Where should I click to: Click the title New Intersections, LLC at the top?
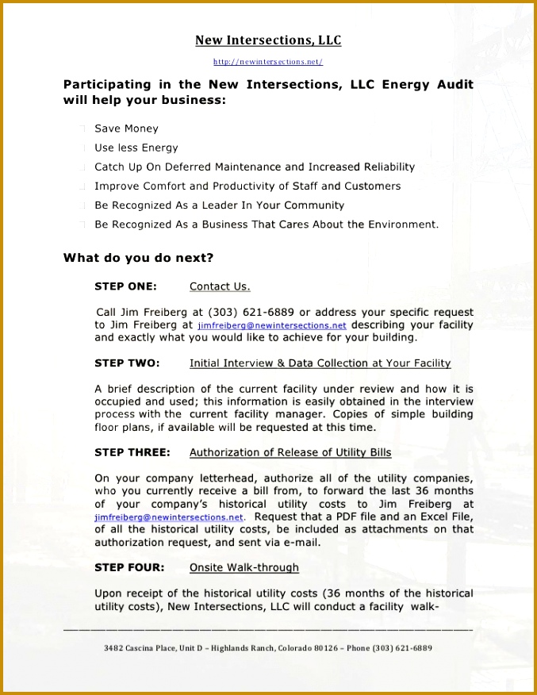pos(268,40)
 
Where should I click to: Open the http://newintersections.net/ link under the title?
pos(268,62)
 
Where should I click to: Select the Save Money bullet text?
pos(126,129)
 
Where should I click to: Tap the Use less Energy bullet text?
pos(136,148)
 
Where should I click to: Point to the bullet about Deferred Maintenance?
pos(254,167)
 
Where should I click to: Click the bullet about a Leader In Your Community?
pos(219,205)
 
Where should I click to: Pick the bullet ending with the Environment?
pos(266,225)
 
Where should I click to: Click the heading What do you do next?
pos(138,258)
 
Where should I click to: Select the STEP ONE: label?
pos(125,286)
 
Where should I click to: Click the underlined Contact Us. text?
pos(220,286)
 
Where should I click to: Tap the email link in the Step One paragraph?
pos(272,325)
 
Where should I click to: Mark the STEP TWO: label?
pos(127,363)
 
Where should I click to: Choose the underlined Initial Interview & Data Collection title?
pos(320,363)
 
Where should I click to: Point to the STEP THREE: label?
pos(132,452)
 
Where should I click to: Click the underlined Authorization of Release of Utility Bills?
pos(290,452)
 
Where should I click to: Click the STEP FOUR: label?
pos(129,567)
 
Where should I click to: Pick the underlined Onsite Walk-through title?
pos(244,567)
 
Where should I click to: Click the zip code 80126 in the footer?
pos(325,648)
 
